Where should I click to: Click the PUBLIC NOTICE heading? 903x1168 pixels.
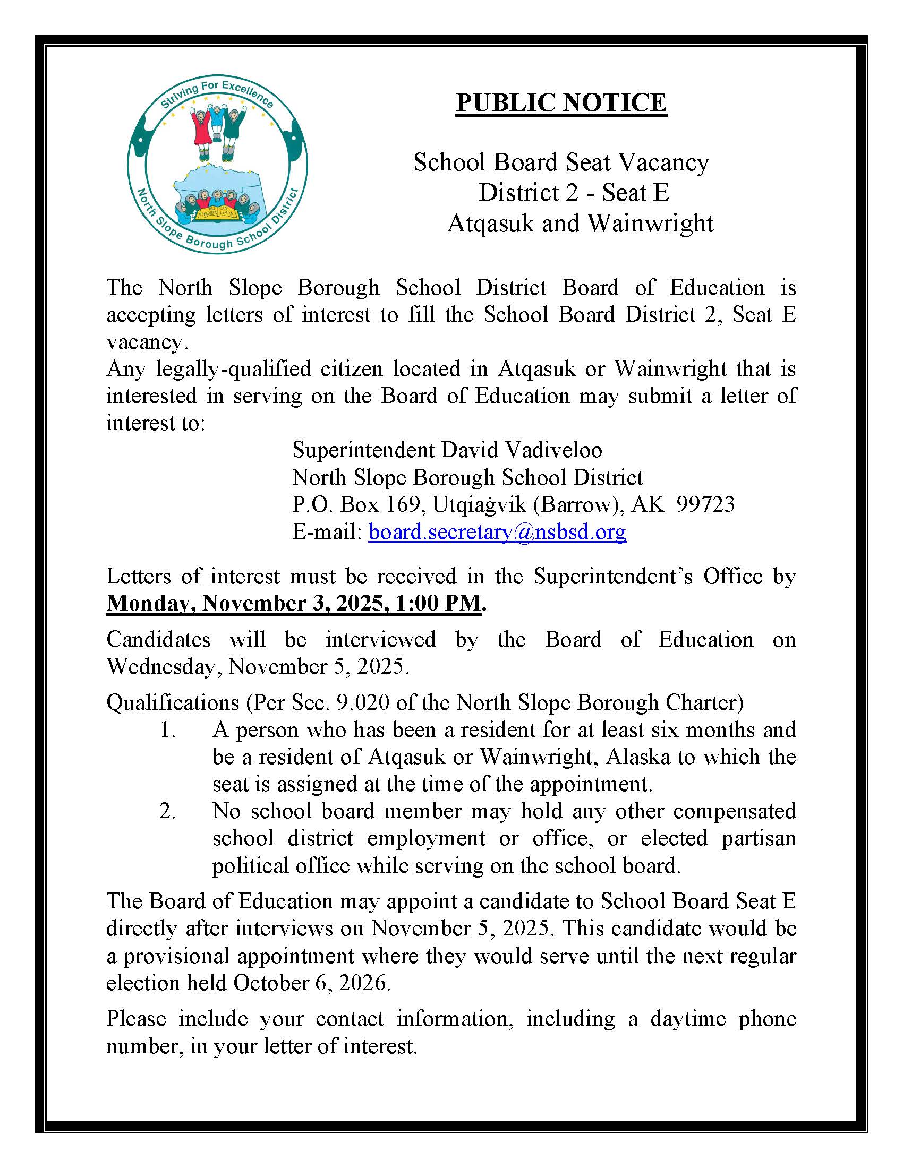point(561,102)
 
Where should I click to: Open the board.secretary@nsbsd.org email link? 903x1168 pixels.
point(497,531)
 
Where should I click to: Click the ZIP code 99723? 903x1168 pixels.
point(705,504)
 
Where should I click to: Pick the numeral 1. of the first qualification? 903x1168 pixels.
point(168,730)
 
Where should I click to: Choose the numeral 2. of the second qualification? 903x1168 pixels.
point(167,811)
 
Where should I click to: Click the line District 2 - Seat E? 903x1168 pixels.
point(574,193)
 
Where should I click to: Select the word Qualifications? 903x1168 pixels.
point(172,703)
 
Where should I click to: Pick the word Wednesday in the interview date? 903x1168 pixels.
point(164,667)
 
